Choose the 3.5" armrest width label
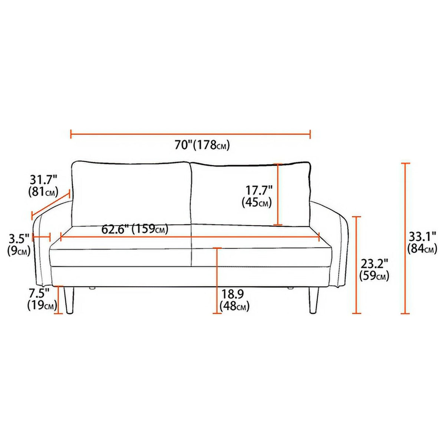point(19,239)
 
